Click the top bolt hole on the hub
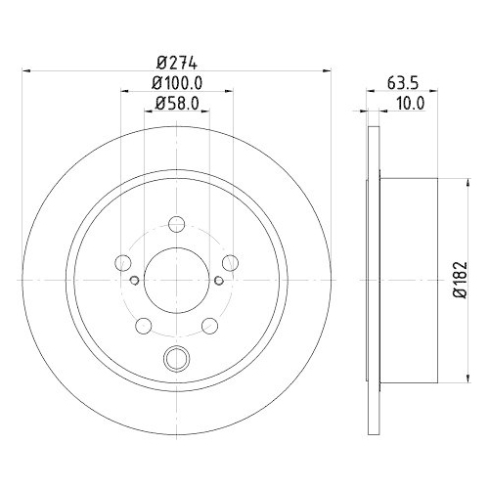tap(177, 223)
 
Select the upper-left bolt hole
tap(123, 261)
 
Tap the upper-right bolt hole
tap(230, 261)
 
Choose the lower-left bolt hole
tap(144, 325)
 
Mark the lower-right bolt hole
tap(210, 325)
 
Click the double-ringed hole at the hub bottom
tap(177, 358)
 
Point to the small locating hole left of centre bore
tap(134, 279)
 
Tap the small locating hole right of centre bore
tap(220, 279)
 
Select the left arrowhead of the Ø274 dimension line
tap(26, 70)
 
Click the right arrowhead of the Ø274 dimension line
tap(328, 70)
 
